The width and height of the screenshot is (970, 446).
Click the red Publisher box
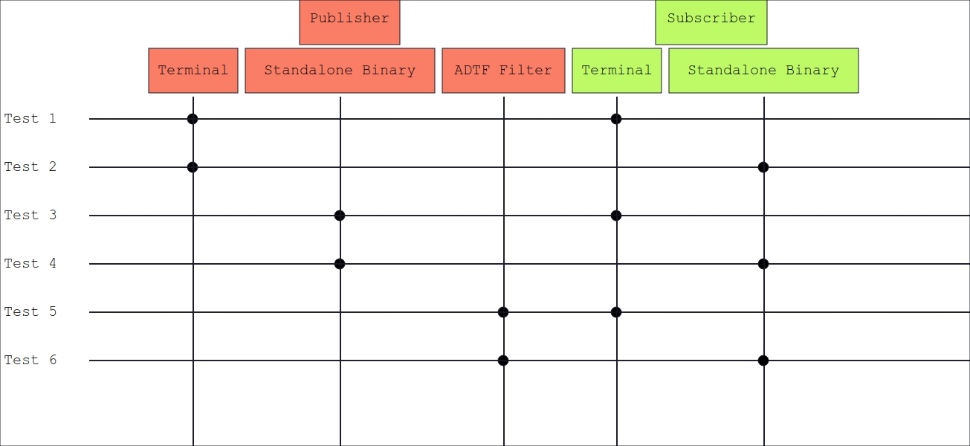pos(349,22)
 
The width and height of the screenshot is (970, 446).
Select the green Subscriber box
pos(711,22)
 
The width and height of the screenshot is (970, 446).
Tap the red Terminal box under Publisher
pos(193,71)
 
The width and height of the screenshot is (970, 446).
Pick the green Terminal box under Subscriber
pos(617,71)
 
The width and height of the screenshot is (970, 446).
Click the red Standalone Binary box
pos(340,71)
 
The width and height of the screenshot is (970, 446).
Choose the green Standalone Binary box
pos(763,71)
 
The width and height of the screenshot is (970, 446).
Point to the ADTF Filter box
pos(503,71)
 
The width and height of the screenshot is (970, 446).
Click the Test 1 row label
pos(30,119)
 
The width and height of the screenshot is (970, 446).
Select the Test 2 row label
pos(30,167)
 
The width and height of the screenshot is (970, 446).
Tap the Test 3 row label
pos(30,216)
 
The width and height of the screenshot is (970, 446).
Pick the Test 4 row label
pos(30,264)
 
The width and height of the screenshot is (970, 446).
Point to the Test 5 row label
pos(30,311)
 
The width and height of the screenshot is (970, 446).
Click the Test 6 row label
pos(30,361)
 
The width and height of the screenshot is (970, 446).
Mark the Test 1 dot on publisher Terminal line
pos(193,119)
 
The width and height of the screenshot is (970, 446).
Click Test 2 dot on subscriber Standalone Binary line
pos(763,167)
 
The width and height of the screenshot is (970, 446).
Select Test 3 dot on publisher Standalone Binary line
pos(340,216)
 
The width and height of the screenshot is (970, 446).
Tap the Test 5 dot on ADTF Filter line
pos(503,311)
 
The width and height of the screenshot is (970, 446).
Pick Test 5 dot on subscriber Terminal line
pos(616,311)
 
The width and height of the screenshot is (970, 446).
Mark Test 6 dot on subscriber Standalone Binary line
pos(763,361)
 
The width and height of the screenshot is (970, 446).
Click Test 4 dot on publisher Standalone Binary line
pos(340,264)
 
